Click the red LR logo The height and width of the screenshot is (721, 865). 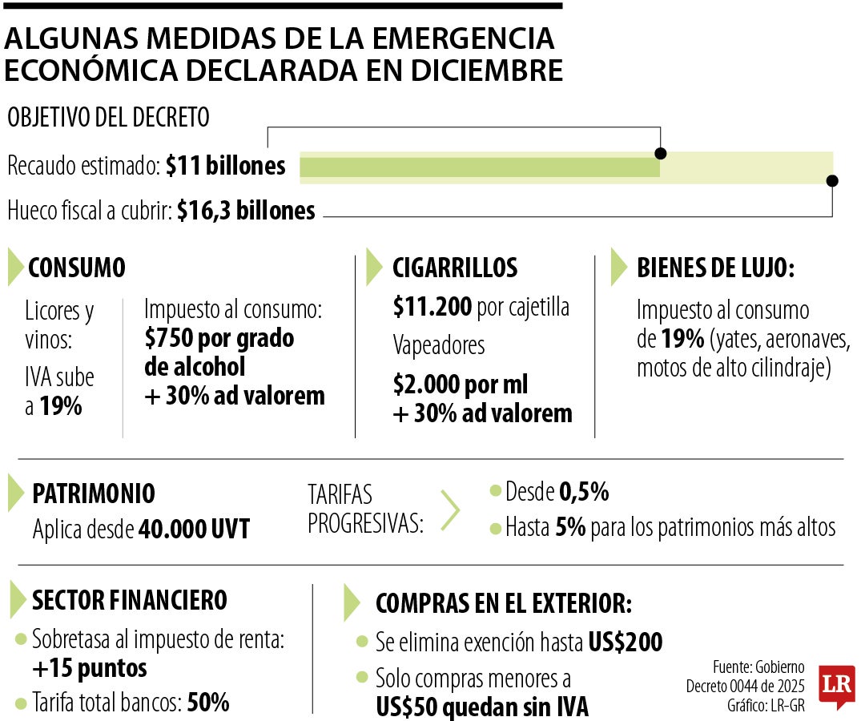pyautogui.click(x=836, y=687)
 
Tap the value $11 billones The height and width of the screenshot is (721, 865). pyautogui.click(x=226, y=166)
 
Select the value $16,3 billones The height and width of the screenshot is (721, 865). pyautogui.click(x=246, y=211)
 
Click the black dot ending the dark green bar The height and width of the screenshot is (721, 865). pyautogui.click(x=660, y=154)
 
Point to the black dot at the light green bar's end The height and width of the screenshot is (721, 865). pyautogui.click(x=832, y=180)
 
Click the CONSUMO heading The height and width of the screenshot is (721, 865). pyautogui.click(x=77, y=268)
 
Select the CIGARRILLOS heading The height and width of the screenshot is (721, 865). pyautogui.click(x=454, y=268)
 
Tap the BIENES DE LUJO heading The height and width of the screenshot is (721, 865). pyautogui.click(x=715, y=268)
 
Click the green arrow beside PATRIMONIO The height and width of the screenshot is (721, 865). pyautogui.click(x=17, y=493)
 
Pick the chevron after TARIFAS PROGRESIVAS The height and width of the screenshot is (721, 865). pyautogui.click(x=451, y=510)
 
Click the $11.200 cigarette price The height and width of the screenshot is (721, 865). pyautogui.click(x=432, y=306)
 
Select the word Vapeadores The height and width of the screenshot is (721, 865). pyautogui.click(x=439, y=345)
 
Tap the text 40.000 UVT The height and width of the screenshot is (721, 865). pyautogui.click(x=194, y=529)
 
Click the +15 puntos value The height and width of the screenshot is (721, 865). pyautogui.click(x=90, y=667)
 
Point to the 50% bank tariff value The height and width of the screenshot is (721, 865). pyautogui.click(x=208, y=703)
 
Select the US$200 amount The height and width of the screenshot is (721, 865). pyautogui.click(x=625, y=642)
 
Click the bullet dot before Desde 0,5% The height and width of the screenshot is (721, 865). pyautogui.click(x=494, y=491)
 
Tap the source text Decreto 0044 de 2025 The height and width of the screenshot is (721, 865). pyautogui.click(x=745, y=687)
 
